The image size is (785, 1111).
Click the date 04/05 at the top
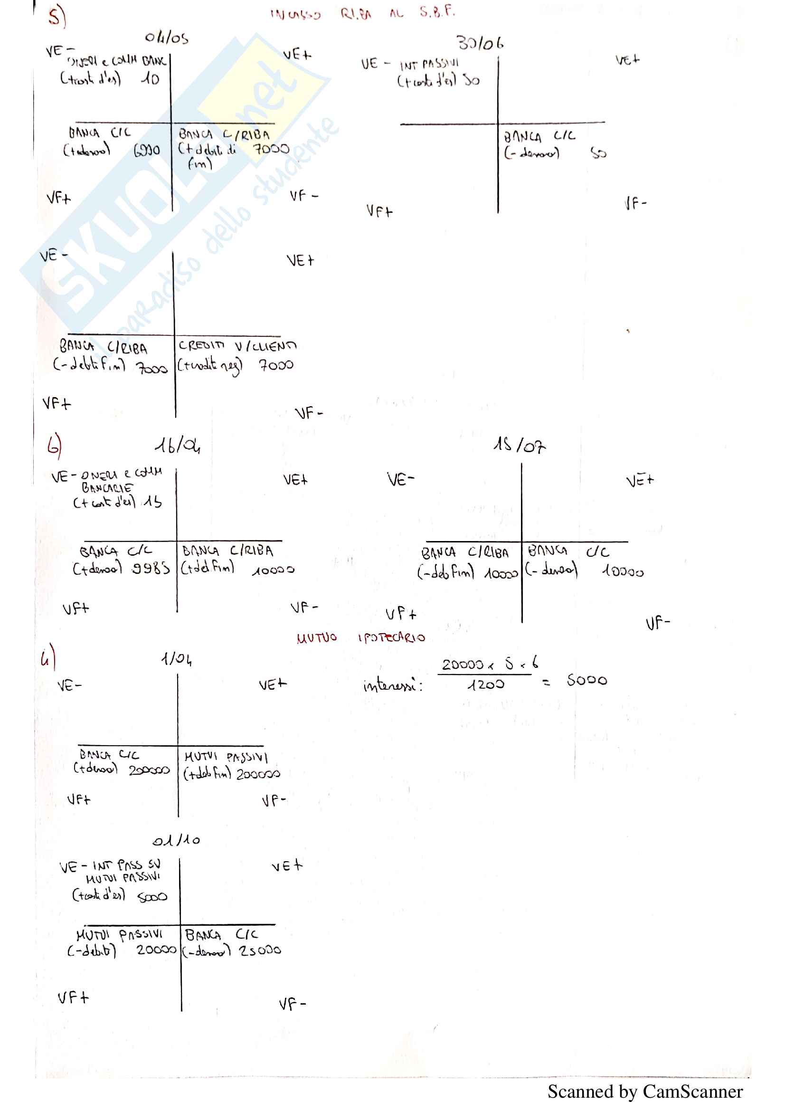tap(166, 38)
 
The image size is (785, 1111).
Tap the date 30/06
tap(480, 44)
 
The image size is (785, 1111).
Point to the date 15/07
tap(519, 445)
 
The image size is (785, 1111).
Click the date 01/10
tap(176, 840)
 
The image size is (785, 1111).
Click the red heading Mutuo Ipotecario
tap(361, 638)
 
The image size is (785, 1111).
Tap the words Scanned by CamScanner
tap(645, 1092)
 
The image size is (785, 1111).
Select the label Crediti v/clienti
tap(237, 345)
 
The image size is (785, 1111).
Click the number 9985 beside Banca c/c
tap(151, 568)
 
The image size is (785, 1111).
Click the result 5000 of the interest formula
tap(586, 680)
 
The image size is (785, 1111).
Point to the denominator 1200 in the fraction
tap(486, 684)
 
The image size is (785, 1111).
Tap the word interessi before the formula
tap(392, 685)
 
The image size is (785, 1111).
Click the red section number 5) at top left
tap(57, 17)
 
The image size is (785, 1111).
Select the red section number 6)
tap(54, 445)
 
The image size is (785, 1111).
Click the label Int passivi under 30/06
tap(429, 64)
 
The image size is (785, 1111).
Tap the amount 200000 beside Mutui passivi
tap(258, 774)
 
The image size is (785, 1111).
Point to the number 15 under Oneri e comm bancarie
tap(152, 502)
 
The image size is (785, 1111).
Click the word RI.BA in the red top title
tap(356, 14)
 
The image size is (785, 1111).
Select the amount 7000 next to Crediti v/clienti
tap(276, 364)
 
